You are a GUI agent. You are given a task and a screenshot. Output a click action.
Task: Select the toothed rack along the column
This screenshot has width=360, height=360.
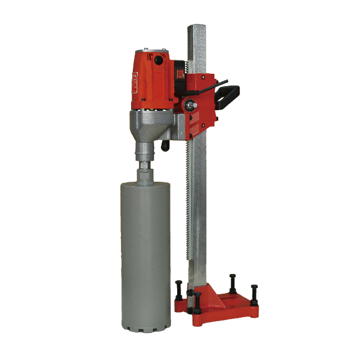pyautogui.click(x=187, y=214)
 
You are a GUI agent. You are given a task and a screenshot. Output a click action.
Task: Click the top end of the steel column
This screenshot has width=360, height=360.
pyautogui.click(x=196, y=28)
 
